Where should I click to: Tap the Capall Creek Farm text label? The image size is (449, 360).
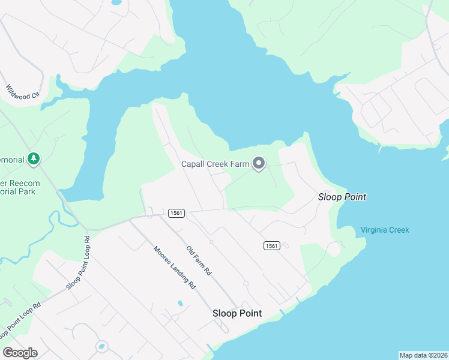215,164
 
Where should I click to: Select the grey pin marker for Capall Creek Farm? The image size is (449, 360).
259,163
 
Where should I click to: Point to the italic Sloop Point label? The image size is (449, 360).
342,197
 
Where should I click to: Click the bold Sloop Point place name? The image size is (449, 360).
237,313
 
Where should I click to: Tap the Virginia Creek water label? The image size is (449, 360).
385,230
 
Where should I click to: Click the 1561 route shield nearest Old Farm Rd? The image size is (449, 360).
176,213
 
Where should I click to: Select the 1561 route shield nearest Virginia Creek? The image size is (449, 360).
271,245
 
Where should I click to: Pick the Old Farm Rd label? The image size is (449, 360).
199,260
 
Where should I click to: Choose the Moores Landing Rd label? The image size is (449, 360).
175,268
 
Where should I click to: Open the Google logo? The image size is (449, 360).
20,353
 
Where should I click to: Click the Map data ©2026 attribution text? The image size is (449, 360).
423,355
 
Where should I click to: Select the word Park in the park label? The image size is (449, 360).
26,191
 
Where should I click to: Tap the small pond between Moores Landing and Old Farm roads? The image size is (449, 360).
180,304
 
